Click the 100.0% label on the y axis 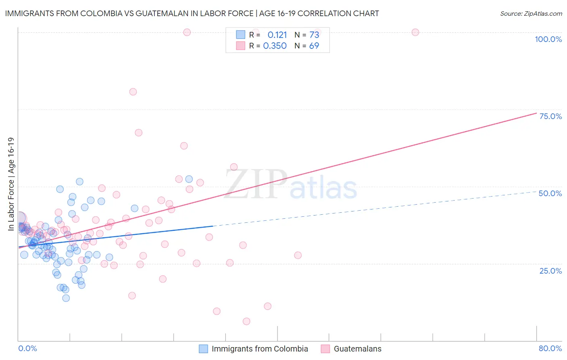point(548,39)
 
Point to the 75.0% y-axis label point(550,116)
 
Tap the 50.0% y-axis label point(550,193)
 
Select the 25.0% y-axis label point(550,271)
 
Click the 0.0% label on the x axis point(27,348)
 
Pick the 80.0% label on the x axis point(550,348)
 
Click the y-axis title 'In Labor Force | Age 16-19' point(11,184)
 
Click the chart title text point(192,13)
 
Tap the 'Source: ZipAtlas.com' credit point(531,14)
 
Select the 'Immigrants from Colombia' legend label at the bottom point(260,349)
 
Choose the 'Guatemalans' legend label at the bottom point(357,349)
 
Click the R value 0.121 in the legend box point(277,35)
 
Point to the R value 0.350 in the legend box point(275,46)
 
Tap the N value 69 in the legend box point(314,46)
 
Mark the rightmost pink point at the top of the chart point(415,32)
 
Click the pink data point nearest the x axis point(246,321)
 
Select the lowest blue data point point(66,298)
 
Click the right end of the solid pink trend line point(536,113)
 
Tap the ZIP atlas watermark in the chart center point(291,184)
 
